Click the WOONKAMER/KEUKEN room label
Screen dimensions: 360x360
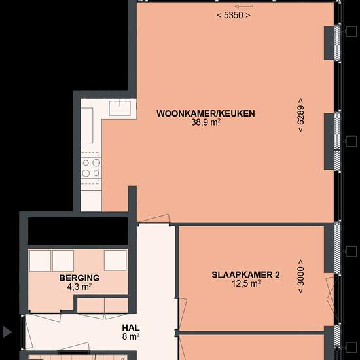tap(206, 113)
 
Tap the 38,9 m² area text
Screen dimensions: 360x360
tap(206, 122)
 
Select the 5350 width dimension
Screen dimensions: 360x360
tap(234, 16)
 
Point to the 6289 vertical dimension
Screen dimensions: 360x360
tap(300, 115)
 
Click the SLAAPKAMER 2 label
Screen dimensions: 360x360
tap(245, 275)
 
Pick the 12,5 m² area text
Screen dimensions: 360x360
tap(246, 284)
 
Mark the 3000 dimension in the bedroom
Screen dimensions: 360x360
tap(300, 276)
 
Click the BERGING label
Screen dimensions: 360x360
tap(79, 278)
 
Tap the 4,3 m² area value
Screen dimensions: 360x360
tap(79, 287)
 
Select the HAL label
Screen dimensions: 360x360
tap(131, 328)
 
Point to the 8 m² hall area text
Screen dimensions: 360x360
tap(131, 337)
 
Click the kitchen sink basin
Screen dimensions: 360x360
tap(120, 108)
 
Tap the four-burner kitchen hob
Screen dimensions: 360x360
tap(91, 168)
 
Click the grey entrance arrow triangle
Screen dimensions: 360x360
tap(7, 332)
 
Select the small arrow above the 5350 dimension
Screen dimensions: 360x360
tap(244, 6)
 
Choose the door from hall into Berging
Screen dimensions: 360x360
tap(43, 317)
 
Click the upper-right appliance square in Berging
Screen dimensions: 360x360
tap(115, 260)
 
